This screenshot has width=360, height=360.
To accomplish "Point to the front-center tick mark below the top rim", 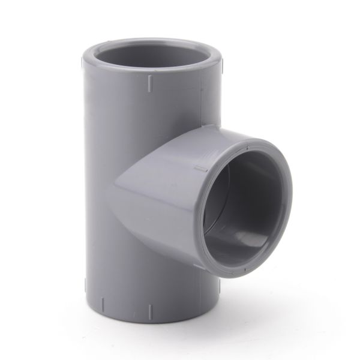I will coord(148,85).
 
